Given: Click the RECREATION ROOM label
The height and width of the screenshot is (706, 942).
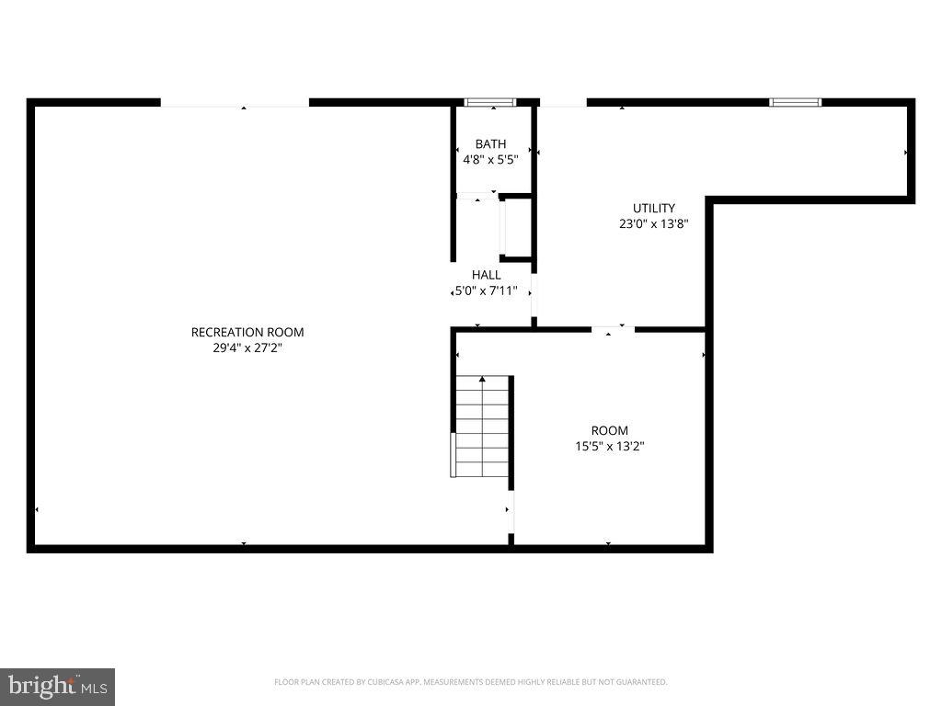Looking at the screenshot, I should tap(247, 332).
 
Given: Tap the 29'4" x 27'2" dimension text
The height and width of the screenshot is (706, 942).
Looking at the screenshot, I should tap(247, 347).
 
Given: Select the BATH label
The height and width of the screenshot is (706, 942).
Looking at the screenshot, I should tap(490, 143).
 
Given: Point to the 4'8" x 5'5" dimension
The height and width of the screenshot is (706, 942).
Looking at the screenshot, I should tap(490, 159).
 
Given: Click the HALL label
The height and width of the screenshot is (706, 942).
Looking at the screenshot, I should tap(487, 275).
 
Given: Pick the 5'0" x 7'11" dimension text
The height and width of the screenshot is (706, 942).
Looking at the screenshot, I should tap(487, 290).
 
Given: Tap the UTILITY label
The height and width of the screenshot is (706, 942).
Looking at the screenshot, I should tap(654, 208).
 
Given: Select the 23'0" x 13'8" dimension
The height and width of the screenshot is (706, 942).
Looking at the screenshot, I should tap(654, 223).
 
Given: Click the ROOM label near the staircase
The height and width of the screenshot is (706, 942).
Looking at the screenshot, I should tap(610, 430).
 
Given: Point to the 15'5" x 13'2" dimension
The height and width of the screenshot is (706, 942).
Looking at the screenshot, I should tap(610, 446).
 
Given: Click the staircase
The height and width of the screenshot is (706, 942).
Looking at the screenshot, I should tap(482, 427).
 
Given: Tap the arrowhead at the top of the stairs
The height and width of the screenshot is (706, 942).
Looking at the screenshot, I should tap(482, 379).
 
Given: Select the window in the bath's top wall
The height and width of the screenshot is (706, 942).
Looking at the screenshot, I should tap(489, 102).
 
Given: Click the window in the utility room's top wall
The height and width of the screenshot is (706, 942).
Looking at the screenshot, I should tap(795, 102).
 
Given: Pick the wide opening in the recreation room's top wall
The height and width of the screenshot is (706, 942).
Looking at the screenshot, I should tap(235, 103).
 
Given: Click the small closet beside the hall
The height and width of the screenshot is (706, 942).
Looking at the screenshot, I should tap(515, 227).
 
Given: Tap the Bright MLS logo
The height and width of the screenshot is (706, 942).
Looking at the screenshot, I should tap(57, 686).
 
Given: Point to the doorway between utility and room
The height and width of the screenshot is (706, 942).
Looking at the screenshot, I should tap(613, 329).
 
